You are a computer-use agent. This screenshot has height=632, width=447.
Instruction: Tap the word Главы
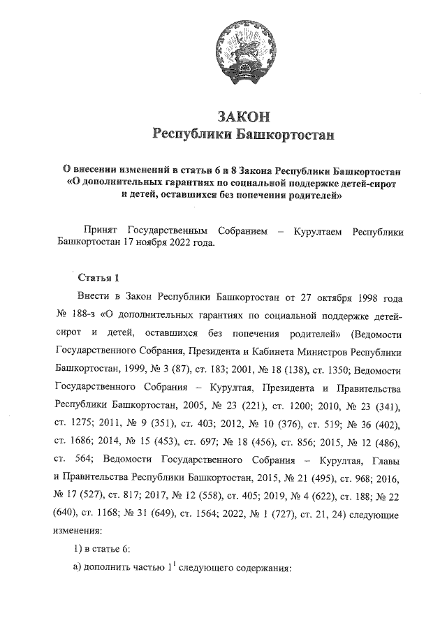[x=386, y=460]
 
